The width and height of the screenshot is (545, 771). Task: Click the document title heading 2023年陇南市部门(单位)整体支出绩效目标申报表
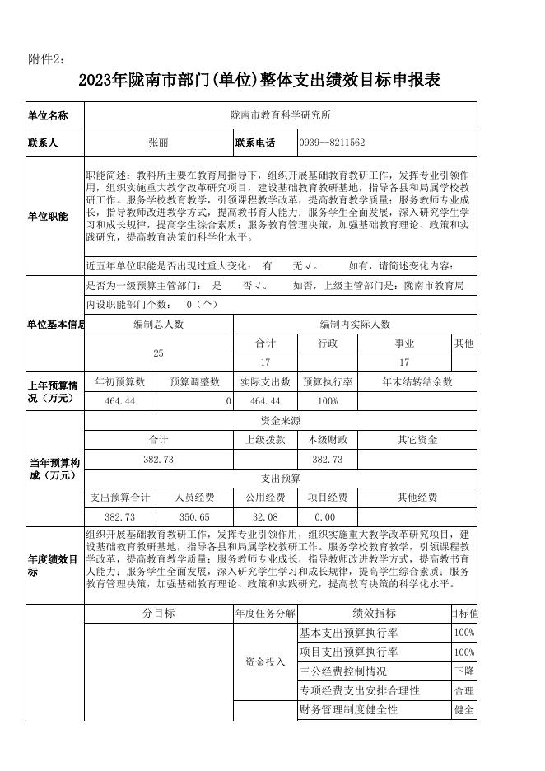coord(260,80)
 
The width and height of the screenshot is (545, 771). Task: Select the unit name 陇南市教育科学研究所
coord(281,115)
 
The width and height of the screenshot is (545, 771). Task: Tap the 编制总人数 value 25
coord(158,353)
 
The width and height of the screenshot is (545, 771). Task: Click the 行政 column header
coord(328,343)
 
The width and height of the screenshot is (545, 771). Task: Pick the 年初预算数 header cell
coord(120,382)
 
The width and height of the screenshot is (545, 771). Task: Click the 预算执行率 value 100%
coord(328,401)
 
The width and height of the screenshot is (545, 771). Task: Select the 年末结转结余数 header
coord(417,382)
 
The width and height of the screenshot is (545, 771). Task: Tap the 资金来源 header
coord(281,420)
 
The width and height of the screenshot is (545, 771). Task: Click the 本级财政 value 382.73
coord(328,460)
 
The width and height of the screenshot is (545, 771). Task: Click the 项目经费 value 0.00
coord(325,516)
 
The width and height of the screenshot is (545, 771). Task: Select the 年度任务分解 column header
coord(265,613)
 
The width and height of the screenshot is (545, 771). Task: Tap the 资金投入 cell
coord(265,661)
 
